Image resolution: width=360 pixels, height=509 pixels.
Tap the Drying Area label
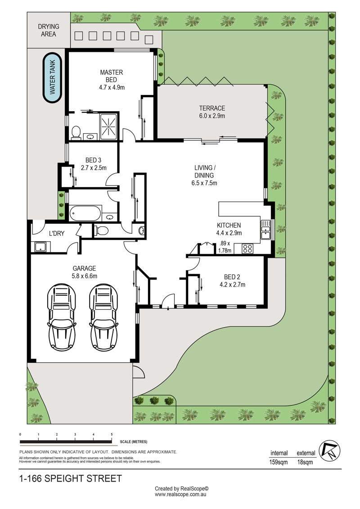49,30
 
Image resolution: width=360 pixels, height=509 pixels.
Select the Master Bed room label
112,80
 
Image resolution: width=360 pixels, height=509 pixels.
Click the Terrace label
212,112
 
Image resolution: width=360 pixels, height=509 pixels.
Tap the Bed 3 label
94,164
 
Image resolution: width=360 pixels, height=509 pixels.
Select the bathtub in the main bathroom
85,213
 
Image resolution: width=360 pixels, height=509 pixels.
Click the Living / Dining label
204,176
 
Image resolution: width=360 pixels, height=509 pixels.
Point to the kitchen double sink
265,230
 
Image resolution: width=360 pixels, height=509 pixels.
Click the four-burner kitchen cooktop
247,249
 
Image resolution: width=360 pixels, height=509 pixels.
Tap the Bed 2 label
232,281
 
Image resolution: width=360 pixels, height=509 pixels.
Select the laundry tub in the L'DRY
41,247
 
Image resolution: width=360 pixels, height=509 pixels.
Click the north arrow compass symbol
329,451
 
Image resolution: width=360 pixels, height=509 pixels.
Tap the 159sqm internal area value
279,462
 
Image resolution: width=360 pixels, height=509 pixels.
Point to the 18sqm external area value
305,462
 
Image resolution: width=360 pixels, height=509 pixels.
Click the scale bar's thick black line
66,442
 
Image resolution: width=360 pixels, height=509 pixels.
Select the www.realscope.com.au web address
180,495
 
